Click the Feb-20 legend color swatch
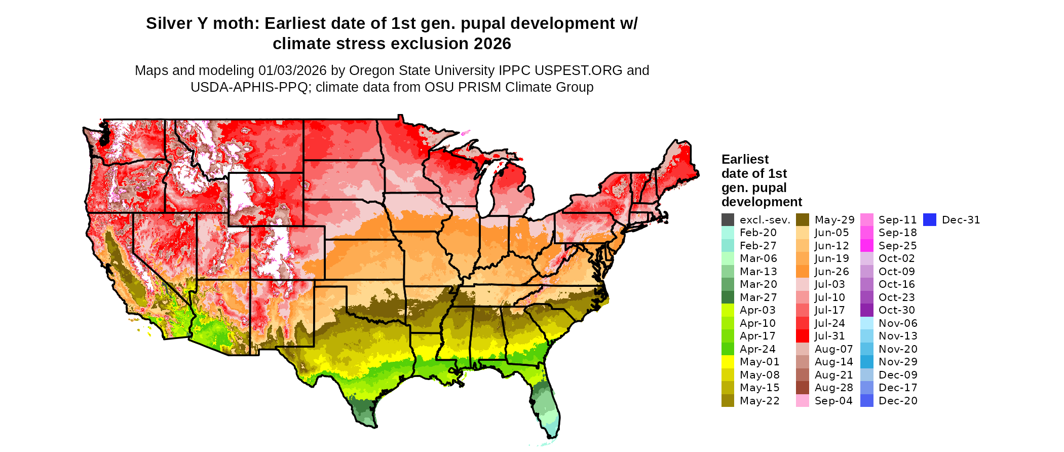(728, 233)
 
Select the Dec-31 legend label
(961, 220)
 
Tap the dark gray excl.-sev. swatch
(728, 220)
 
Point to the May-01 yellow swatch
(728, 362)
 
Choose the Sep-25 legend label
(897, 246)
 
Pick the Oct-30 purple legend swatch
(866, 310)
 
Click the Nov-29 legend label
(898, 362)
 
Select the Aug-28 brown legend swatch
(803, 388)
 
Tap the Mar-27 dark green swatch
(728, 297)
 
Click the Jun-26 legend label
(831, 272)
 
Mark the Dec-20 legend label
(898, 401)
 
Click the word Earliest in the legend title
(745, 160)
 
